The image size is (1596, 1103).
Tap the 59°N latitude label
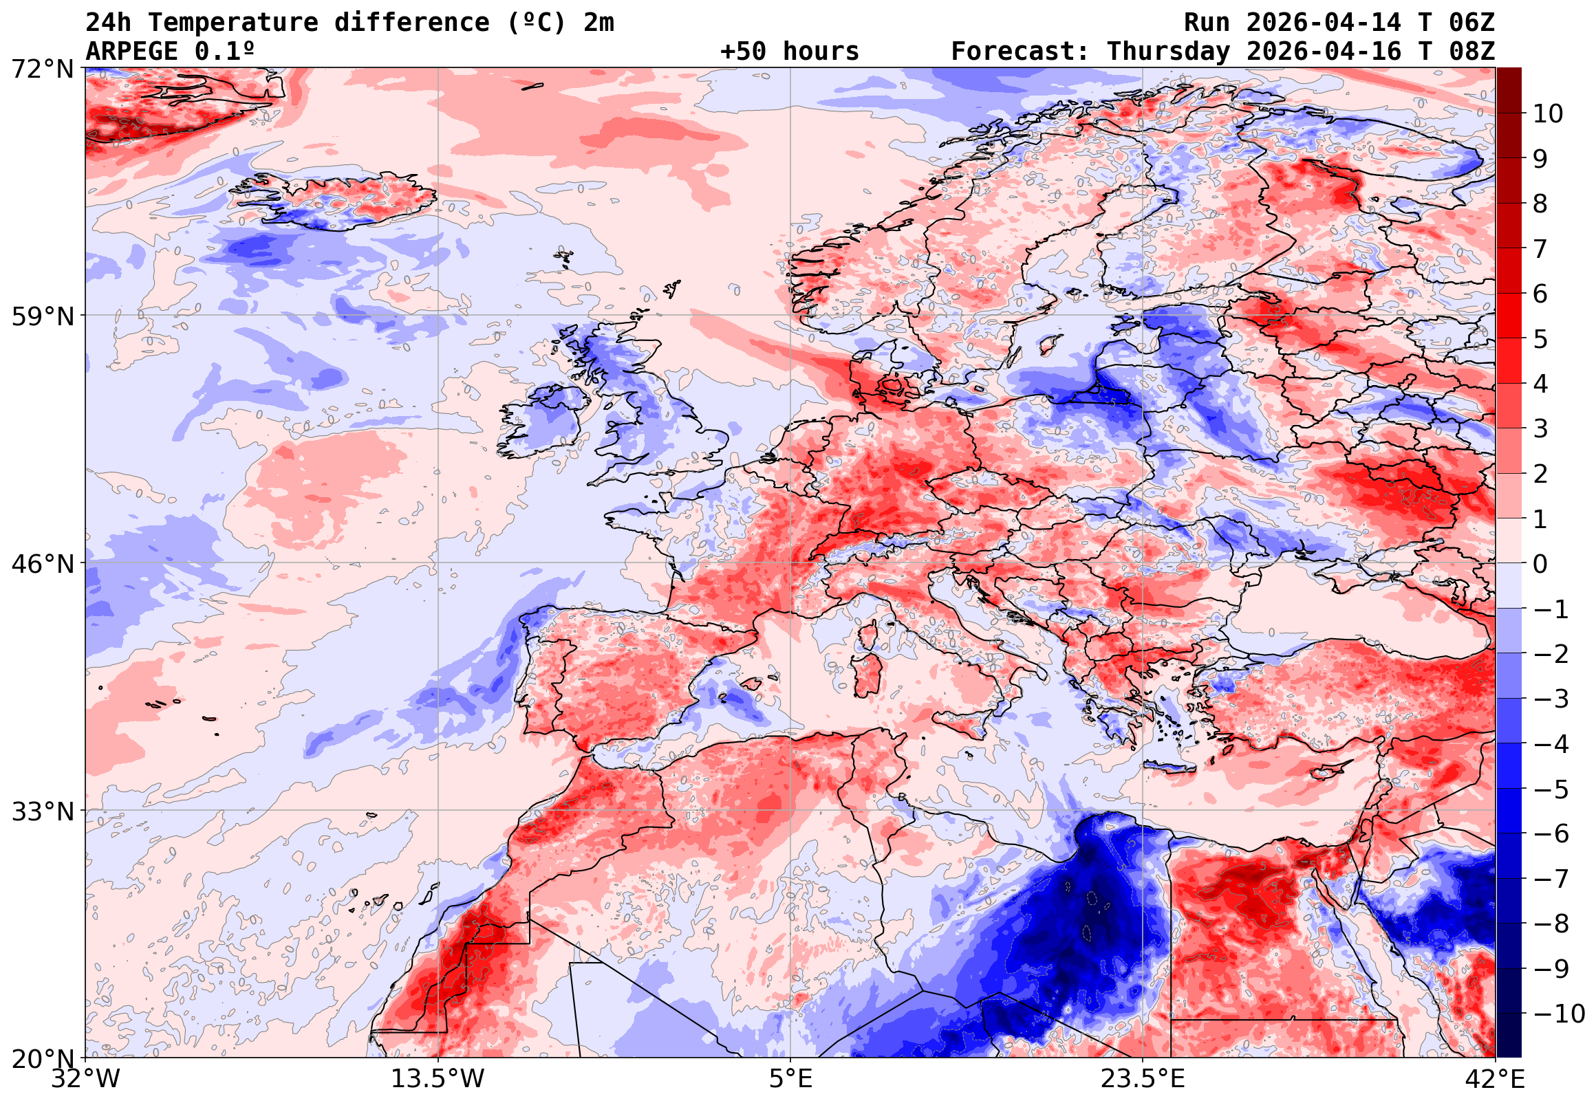42,317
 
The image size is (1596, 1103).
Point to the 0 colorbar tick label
1540,565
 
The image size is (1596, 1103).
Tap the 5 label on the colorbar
1540,339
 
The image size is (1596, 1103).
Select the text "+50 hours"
789,51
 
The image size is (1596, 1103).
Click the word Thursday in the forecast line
1168,51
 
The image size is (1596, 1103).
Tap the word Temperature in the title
233,23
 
